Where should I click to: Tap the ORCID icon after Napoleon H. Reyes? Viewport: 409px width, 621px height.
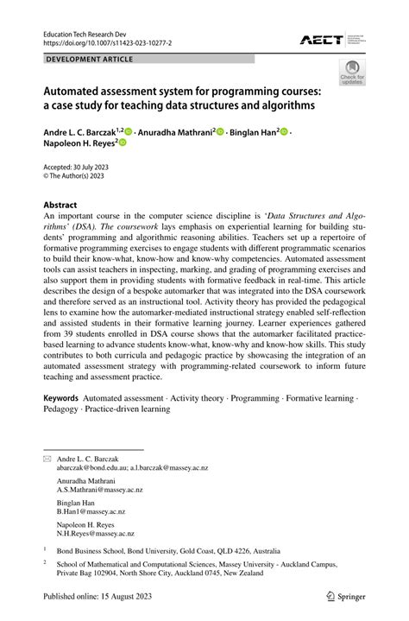pyautogui.click(x=123, y=145)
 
